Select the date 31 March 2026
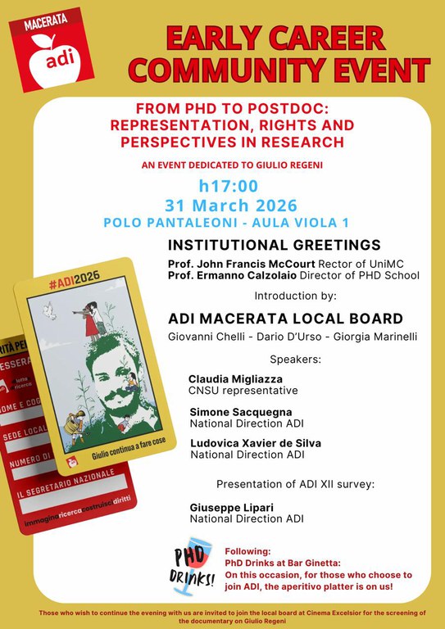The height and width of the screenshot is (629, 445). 230,205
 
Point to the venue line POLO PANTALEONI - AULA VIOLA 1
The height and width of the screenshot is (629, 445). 225,222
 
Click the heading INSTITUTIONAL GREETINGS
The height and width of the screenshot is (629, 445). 274,245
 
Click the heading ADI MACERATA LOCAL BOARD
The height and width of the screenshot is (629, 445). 285,319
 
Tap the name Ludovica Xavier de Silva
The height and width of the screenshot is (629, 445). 255,443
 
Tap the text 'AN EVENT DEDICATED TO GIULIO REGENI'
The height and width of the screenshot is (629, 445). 232,165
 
